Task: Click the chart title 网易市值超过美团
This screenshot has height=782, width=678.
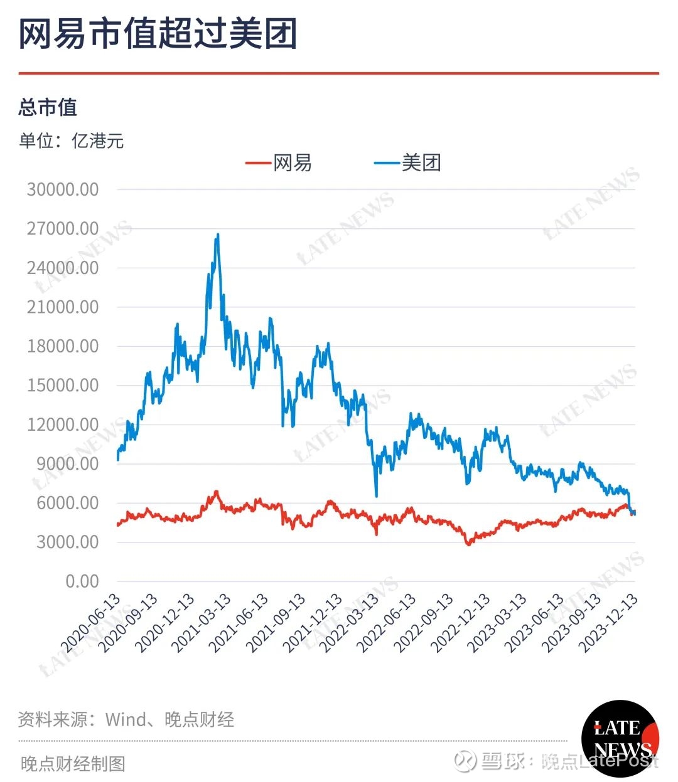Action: click(158, 34)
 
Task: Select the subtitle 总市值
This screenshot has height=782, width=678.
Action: click(48, 107)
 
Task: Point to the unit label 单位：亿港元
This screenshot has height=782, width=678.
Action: click(72, 140)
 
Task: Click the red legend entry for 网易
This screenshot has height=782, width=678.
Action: click(279, 163)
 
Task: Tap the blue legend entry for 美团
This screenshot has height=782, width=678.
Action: click(408, 163)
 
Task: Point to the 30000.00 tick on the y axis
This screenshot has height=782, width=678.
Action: click(63, 189)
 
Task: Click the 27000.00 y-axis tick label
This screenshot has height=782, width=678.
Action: click(63, 229)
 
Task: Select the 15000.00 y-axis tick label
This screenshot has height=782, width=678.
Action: click(63, 385)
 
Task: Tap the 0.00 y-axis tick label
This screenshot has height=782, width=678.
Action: click(82, 581)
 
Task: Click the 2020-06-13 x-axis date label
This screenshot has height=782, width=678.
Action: click(91, 623)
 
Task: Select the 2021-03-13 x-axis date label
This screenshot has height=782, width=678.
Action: click(202, 623)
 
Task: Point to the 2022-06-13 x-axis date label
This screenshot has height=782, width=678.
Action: click(387, 623)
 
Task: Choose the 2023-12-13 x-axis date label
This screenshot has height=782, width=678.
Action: click(610, 623)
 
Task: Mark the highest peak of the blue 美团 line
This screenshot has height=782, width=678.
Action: click(218, 235)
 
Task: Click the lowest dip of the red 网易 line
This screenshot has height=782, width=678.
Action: click(468, 544)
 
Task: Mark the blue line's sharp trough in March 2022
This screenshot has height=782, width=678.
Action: click(376, 496)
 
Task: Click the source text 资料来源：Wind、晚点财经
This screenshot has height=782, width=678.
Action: click(126, 719)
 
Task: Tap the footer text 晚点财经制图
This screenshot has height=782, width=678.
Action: click(73, 763)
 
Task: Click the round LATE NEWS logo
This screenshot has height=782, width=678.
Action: click(620, 738)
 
